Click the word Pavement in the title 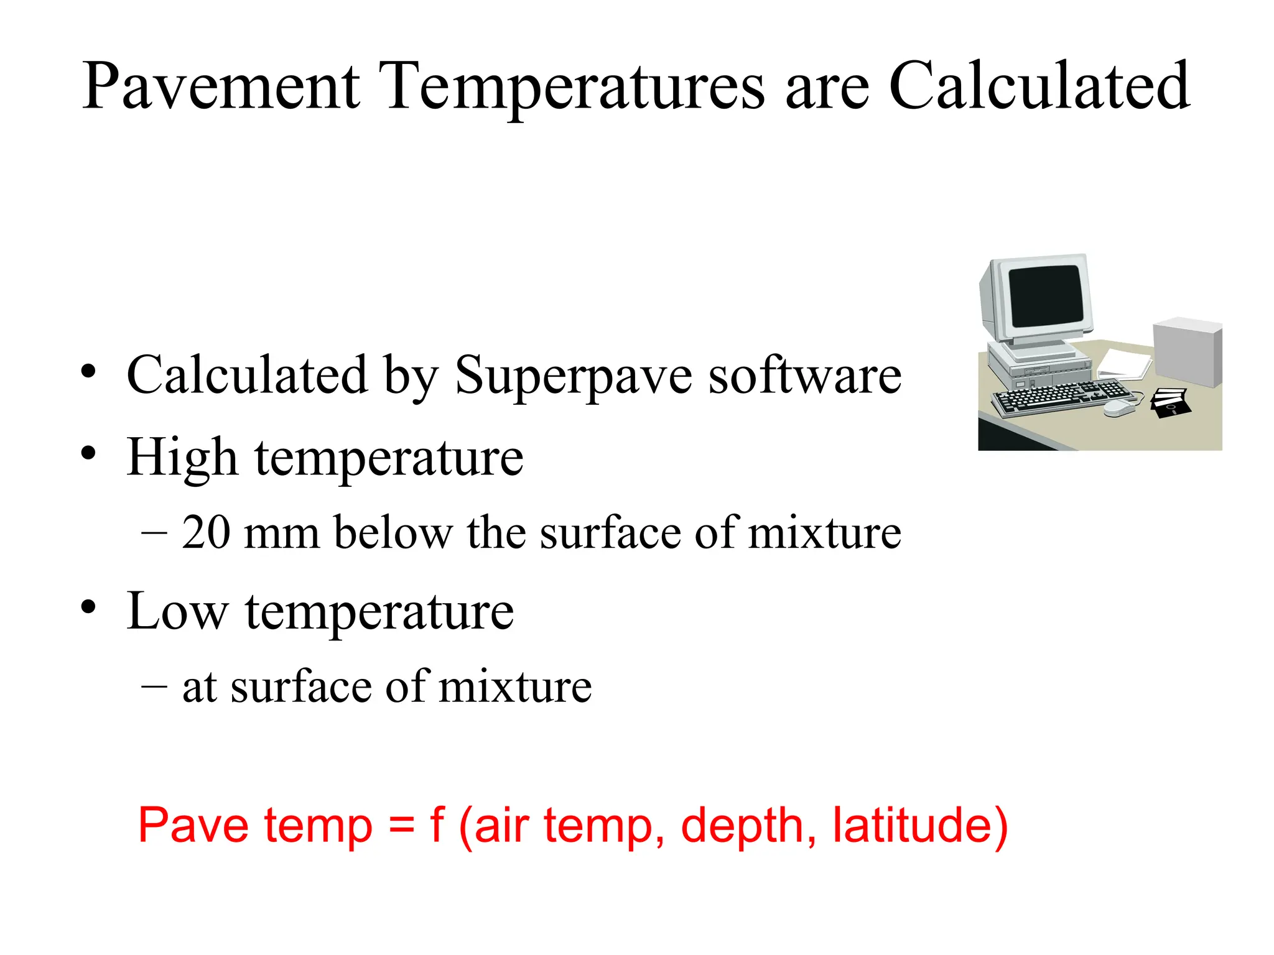click(x=221, y=87)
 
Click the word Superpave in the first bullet click(x=573, y=377)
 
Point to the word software click(x=805, y=376)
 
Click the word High click(x=182, y=459)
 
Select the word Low click(x=177, y=612)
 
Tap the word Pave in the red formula click(x=193, y=826)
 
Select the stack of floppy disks click(x=1169, y=403)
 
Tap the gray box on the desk click(x=1186, y=351)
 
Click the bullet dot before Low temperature click(x=88, y=607)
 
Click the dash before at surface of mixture click(x=154, y=686)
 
